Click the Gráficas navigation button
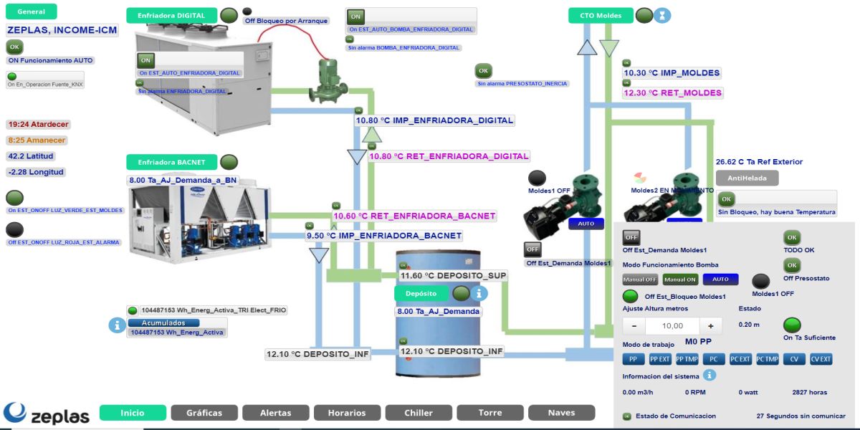(204, 413)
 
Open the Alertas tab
(275, 413)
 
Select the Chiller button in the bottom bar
(419, 413)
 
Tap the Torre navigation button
(490, 413)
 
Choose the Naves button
(561, 413)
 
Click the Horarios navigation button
(347, 413)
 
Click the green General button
(31, 12)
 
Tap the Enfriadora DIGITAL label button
(171, 15)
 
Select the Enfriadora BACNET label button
(171, 163)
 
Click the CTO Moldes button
(600, 15)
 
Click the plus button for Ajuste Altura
(710, 325)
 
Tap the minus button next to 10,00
(634, 325)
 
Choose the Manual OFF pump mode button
(640, 279)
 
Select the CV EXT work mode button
(821, 359)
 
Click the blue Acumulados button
(164, 322)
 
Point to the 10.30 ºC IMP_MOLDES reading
(672, 73)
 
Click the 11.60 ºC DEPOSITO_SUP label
(453, 276)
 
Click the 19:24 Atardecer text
(38, 124)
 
